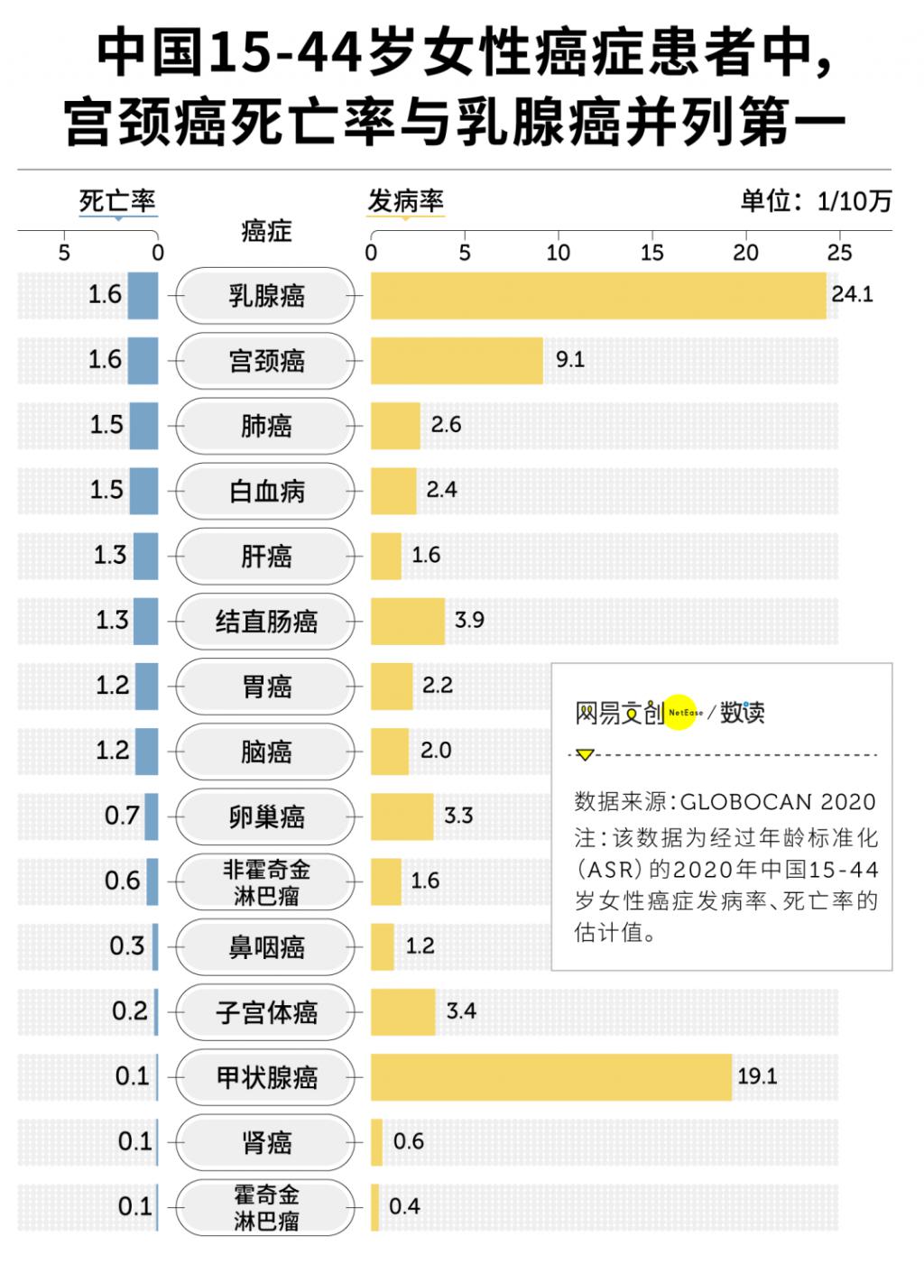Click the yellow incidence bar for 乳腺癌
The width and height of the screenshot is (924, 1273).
[x=598, y=295]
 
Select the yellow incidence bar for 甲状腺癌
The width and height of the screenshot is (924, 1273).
[x=550, y=1076]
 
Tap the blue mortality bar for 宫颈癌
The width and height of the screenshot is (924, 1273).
[x=143, y=360]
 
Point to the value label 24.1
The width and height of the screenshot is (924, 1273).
[x=852, y=294]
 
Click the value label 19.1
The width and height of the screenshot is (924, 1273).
[x=757, y=1075]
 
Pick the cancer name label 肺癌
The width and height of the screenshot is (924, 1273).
[x=266, y=426]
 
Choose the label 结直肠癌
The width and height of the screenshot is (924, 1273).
[x=266, y=621]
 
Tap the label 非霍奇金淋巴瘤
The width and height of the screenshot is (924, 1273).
[x=266, y=881]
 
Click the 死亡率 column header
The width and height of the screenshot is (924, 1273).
[x=117, y=201]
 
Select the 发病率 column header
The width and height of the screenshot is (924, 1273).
[x=405, y=201]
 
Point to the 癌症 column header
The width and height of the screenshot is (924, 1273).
[x=266, y=232]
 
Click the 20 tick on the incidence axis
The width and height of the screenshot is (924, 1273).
[x=745, y=253]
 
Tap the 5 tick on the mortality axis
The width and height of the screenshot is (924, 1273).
[x=64, y=253]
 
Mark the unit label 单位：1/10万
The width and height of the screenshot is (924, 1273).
[x=816, y=200]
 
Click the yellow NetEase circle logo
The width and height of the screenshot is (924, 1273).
[x=684, y=713]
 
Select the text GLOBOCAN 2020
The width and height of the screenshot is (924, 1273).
[x=778, y=801]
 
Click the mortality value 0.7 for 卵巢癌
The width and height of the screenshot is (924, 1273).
[x=122, y=816]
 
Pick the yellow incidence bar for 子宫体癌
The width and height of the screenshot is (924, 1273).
[x=402, y=1011]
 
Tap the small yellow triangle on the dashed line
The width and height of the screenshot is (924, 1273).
[x=585, y=754]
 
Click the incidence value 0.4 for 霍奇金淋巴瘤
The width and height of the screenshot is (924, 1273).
[x=404, y=1206]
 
